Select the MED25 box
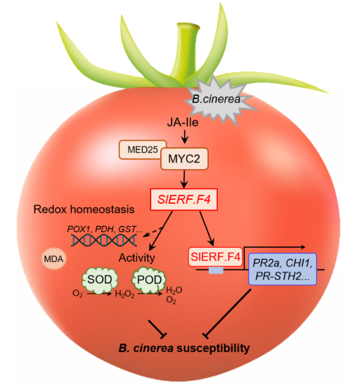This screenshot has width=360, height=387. pos(139,149)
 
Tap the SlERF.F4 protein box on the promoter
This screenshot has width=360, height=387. pos(215,257)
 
